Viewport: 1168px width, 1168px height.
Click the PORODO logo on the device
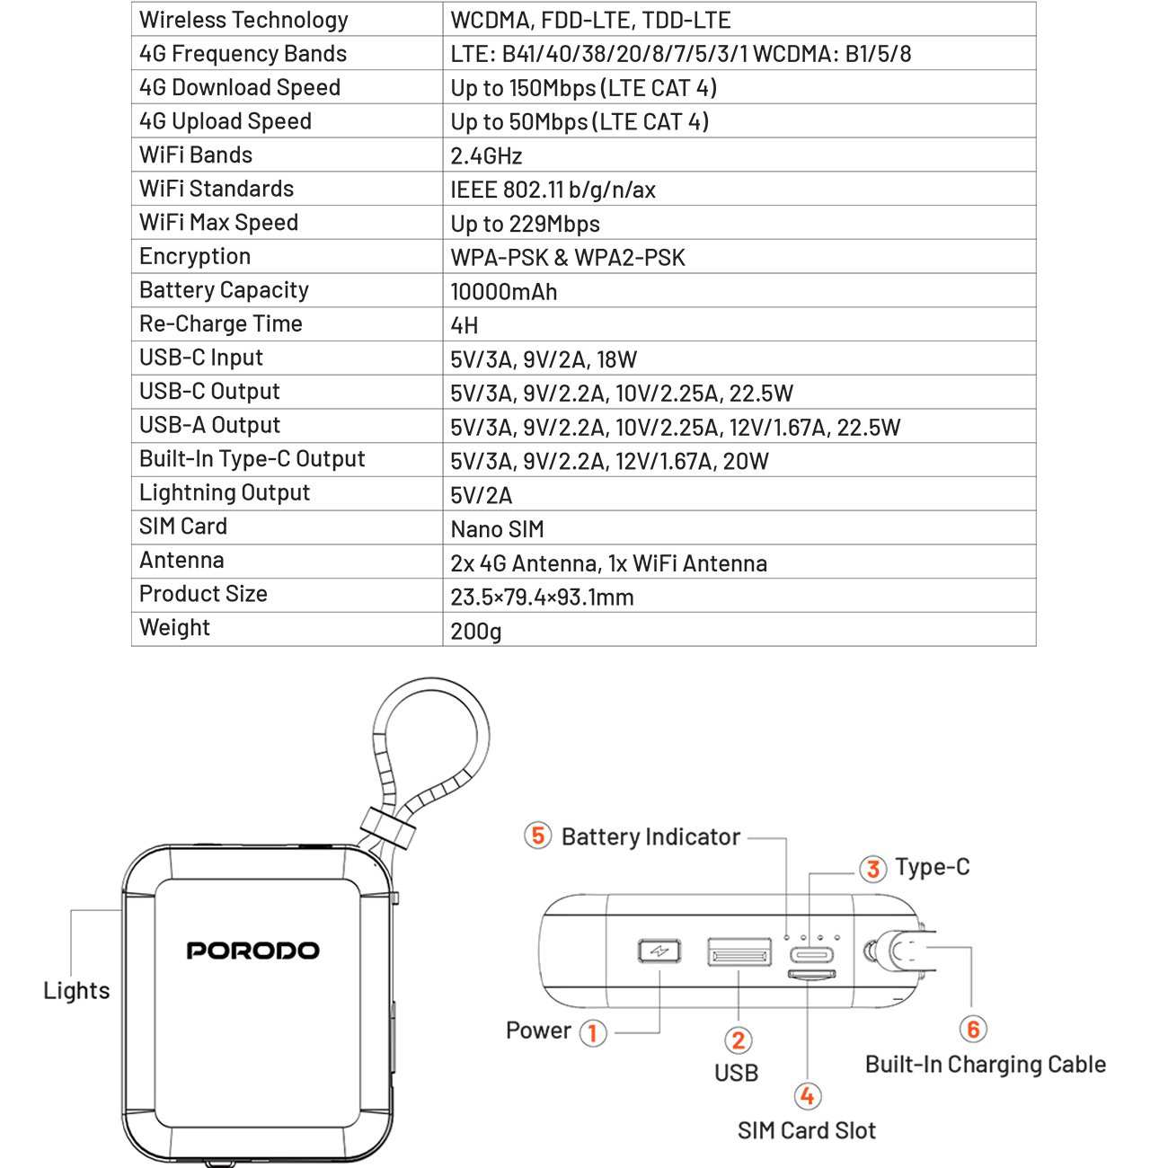(x=252, y=950)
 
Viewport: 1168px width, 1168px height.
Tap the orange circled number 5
(x=537, y=836)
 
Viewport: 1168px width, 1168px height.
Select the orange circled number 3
(x=872, y=869)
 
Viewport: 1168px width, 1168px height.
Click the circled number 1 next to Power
(x=593, y=1032)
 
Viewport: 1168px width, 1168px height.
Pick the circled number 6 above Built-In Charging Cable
(x=973, y=1029)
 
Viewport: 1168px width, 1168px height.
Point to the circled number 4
(x=808, y=1095)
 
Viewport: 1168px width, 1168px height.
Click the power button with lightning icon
(x=659, y=951)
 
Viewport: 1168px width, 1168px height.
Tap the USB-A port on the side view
(x=739, y=951)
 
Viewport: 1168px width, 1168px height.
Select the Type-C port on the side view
(x=811, y=955)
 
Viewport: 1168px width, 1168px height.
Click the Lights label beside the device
(x=76, y=990)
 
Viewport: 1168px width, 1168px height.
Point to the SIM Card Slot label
(x=807, y=1130)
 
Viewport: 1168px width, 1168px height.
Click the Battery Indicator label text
(x=651, y=836)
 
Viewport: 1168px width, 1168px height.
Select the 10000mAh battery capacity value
(x=504, y=291)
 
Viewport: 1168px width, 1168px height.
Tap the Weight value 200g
(x=476, y=632)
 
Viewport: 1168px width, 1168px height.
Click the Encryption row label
(x=195, y=256)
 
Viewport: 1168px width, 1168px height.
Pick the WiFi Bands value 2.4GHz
(x=486, y=155)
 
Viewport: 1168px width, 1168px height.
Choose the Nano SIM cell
(x=497, y=529)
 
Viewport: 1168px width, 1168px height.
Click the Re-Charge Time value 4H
(x=465, y=325)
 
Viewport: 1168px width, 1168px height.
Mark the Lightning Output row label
(x=225, y=492)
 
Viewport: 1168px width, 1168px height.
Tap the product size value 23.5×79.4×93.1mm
(x=542, y=597)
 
